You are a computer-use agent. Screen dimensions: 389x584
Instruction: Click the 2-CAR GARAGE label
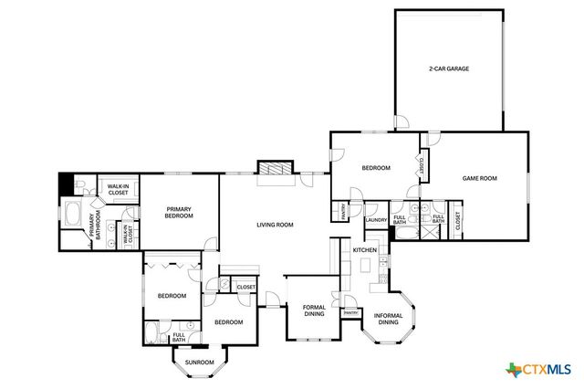click(x=449, y=68)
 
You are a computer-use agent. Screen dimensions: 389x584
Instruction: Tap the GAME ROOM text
click(x=479, y=178)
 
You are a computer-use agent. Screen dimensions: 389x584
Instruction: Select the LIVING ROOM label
click(x=274, y=225)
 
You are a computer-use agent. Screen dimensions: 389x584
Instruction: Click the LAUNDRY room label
click(x=376, y=220)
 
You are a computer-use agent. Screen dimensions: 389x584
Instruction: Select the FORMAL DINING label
click(x=313, y=311)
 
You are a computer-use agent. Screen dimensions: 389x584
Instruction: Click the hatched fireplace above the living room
click(x=276, y=169)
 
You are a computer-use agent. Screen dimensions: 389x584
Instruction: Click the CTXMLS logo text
click(x=546, y=369)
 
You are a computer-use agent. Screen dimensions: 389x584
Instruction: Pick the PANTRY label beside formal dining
click(x=349, y=313)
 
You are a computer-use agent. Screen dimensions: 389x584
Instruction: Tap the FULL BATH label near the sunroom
click(x=179, y=338)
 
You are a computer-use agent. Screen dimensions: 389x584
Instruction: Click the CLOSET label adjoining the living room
click(x=246, y=288)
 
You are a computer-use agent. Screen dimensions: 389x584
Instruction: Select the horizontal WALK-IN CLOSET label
click(x=119, y=189)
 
